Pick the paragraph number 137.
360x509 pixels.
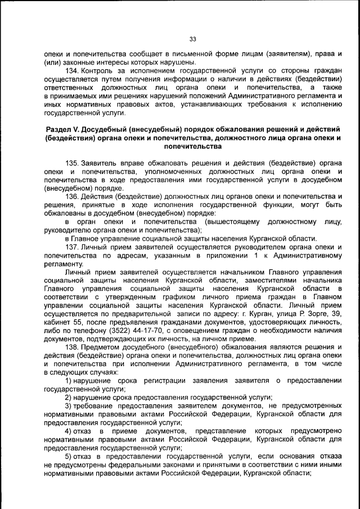[73, 246]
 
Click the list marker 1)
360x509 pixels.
[69, 381]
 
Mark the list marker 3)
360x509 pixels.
[69, 406]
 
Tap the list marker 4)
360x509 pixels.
[69, 431]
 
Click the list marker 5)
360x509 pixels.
[69, 457]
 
